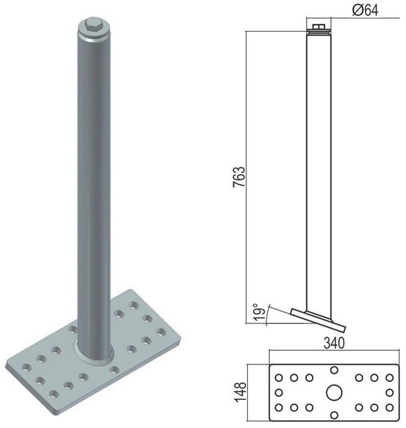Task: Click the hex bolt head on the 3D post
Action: coord(93,26)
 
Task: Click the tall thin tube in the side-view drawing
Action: coord(317,171)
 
